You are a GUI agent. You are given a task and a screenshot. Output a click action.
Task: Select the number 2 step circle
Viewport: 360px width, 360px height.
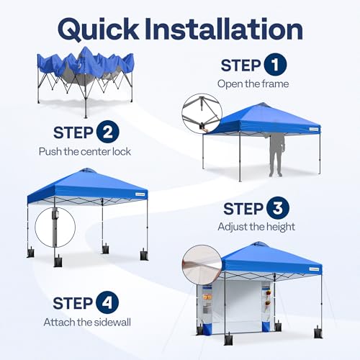tap(105, 133)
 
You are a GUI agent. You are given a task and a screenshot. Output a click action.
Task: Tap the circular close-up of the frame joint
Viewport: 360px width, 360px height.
tap(202, 114)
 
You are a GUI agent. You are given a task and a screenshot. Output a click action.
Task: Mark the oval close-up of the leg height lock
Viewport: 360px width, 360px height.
tap(54, 226)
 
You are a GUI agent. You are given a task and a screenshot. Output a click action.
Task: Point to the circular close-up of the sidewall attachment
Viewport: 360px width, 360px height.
tap(202, 264)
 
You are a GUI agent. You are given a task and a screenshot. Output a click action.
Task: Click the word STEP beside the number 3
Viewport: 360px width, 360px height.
tap(242, 209)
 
